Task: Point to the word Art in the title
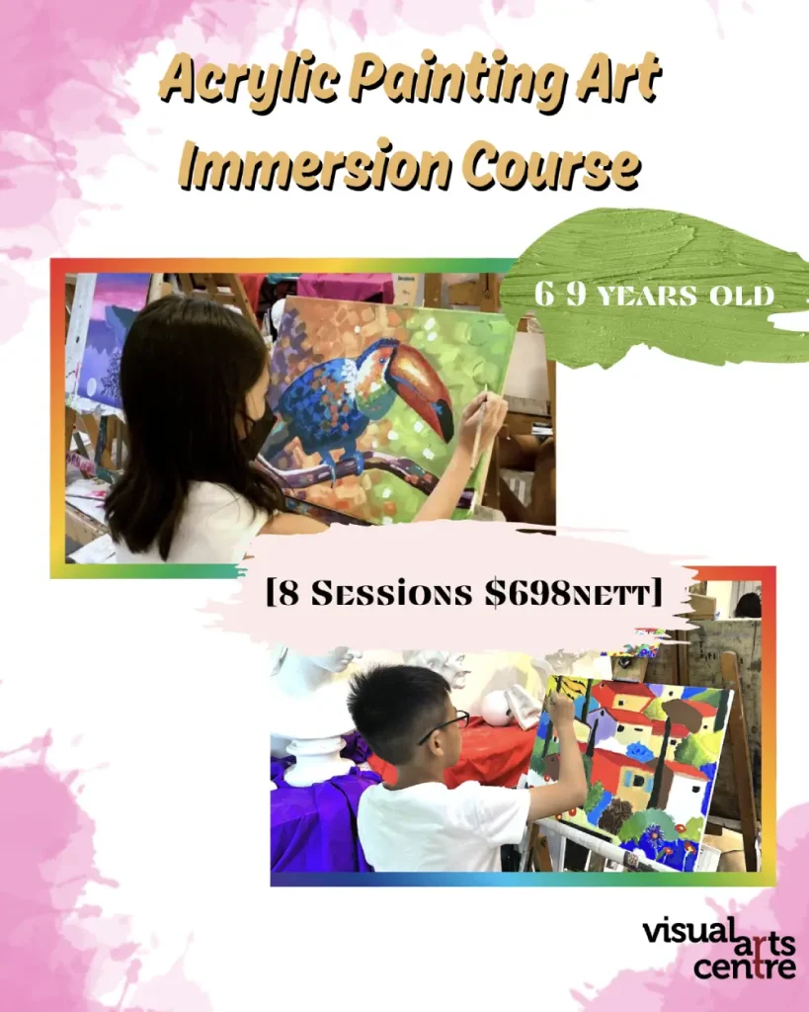tap(620, 79)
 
